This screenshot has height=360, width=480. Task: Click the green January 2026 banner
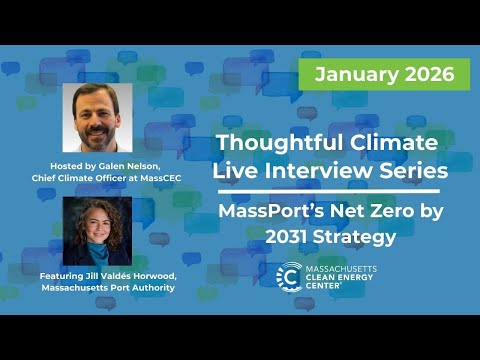coord(384,74)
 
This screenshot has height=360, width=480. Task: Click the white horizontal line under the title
coord(326,190)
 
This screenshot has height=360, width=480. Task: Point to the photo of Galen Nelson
coord(97,117)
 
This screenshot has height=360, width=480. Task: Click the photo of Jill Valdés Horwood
coord(97,231)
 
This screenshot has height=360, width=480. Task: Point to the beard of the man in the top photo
coord(97,135)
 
